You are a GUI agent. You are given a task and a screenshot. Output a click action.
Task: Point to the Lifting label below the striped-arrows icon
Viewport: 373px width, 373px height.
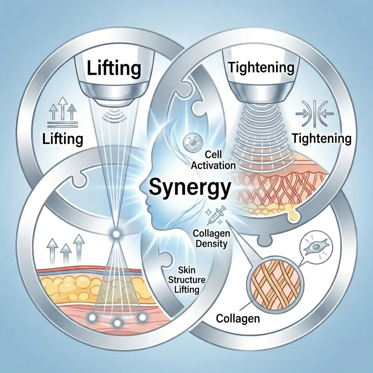[x=63, y=139]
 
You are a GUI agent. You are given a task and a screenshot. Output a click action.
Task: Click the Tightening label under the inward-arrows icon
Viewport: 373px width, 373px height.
[x=322, y=139]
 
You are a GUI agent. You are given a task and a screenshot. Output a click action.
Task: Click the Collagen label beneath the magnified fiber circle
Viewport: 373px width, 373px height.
[x=238, y=318]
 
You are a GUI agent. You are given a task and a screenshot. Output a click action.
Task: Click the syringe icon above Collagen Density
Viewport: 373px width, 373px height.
[x=211, y=215]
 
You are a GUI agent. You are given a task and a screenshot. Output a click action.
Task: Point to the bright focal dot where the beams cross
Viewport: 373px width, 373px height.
[x=116, y=234]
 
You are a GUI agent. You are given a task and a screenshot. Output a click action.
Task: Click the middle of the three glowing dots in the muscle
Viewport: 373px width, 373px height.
[x=117, y=322]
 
